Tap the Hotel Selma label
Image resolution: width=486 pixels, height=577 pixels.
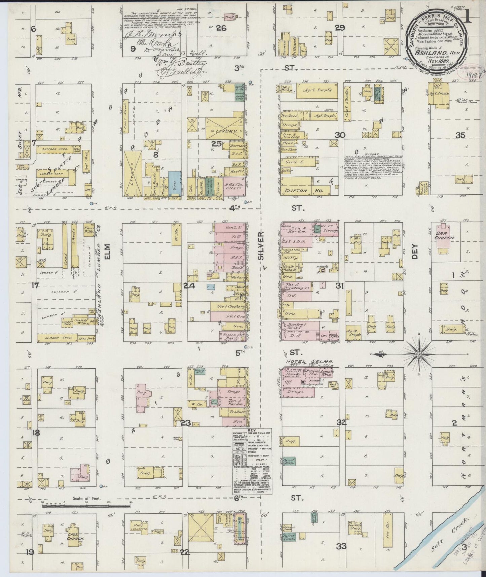[309, 362]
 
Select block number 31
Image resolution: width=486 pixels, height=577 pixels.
[340, 286]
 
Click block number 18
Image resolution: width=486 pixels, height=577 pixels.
[35, 433]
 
